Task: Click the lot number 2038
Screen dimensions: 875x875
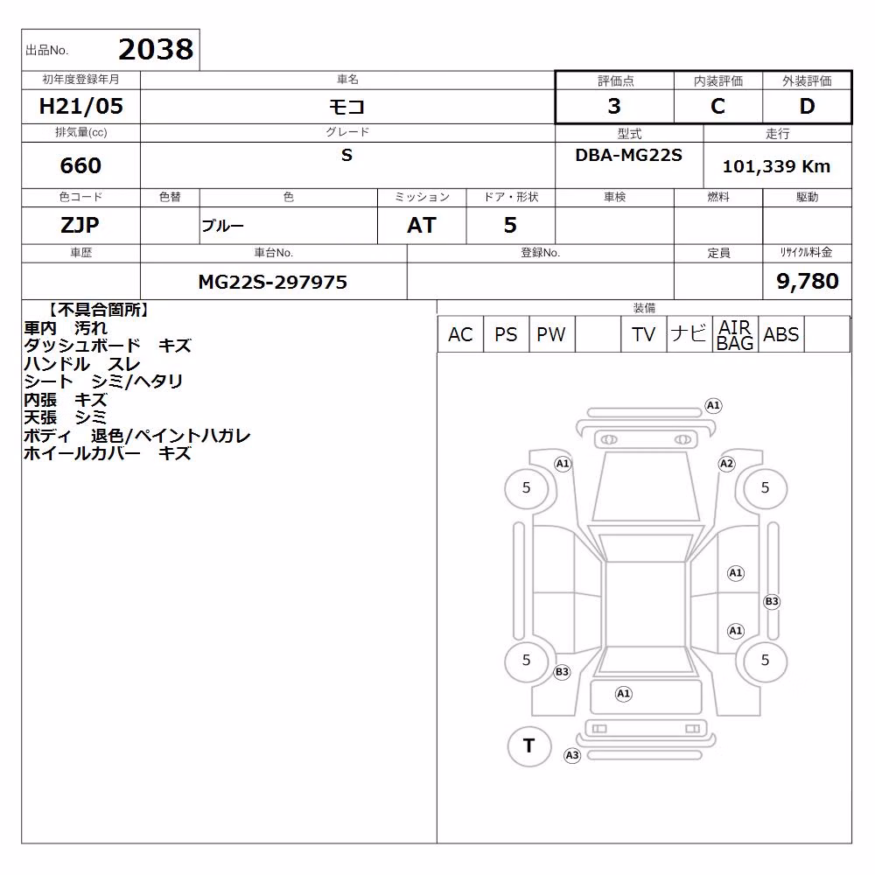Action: pyautogui.click(x=156, y=50)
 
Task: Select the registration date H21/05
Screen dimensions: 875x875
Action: pyautogui.click(x=80, y=106)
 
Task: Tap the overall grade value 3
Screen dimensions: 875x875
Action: pyautogui.click(x=614, y=106)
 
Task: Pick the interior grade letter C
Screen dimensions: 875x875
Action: pyautogui.click(x=717, y=106)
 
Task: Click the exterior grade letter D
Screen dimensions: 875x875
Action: pyautogui.click(x=807, y=106)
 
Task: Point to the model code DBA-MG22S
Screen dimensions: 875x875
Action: pyautogui.click(x=628, y=155)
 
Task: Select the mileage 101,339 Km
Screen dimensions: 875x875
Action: pyautogui.click(x=776, y=166)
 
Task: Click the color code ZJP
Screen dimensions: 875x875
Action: pyautogui.click(x=80, y=225)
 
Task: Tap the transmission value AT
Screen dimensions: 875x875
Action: pyautogui.click(x=422, y=225)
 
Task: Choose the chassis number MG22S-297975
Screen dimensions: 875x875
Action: pyautogui.click(x=273, y=282)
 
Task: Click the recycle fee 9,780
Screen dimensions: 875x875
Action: pyautogui.click(x=808, y=281)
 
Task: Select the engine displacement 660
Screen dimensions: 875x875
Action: pyautogui.click(x=80, y=165)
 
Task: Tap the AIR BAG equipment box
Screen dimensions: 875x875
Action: pyautogui.click(x=735, y=334)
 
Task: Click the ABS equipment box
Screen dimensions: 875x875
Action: pyautogui.click(x=780, y=334)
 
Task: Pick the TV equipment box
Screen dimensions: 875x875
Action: pyautogui.click(x=643, y=334)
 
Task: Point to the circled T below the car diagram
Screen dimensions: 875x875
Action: pyautogui.click(x=529, y=746)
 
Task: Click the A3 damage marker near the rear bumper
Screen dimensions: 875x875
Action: pyautogui.click(x=572, y=756)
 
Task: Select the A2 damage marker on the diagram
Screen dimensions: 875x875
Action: pyautogui.click(x=726, y=464)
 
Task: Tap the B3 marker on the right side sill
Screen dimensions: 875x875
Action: pyautogui.click(x=772, y=602)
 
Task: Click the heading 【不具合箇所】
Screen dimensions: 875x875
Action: pyautogui.click(x=99, y=311)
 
